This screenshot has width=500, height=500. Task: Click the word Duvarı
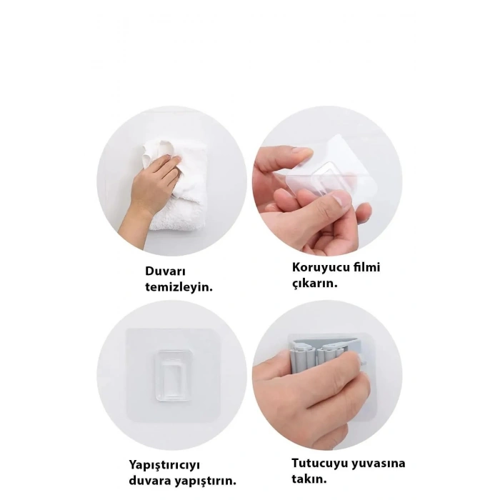point(165,271)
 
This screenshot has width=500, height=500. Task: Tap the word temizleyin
point(179,287)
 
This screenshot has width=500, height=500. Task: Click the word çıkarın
point(315,284)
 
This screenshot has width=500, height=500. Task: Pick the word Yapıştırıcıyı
point(164,465)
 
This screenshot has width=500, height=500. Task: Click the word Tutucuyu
point(319,463)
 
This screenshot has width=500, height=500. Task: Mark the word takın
point(309,479)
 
